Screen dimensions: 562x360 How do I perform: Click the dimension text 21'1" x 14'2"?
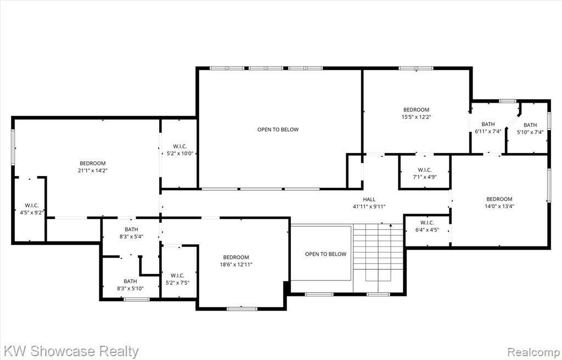tap(93, 171)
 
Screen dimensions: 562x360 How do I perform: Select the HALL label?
tap(369, 199)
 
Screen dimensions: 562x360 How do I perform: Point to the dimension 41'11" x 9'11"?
tap(369, 206)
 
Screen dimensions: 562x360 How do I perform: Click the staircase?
tap(379, 258)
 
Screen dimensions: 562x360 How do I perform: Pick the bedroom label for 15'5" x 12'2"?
tap(416, 110)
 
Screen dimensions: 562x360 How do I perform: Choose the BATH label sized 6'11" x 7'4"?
tap(488, 124)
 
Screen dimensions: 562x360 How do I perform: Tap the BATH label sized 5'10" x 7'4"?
tap(530, 125)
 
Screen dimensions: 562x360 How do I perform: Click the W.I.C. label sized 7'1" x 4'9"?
tap(425, 170)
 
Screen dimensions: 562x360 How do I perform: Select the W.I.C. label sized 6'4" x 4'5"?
tap(427, 223)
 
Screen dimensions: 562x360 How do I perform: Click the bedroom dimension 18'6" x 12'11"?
tap(236, 265)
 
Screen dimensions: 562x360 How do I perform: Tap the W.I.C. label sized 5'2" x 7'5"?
tap(177, 275)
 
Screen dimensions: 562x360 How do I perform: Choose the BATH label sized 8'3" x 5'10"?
tap(130, 282)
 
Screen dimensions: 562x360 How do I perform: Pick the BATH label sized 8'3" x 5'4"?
tap(131, 229)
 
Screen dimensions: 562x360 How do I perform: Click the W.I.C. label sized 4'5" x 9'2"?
tap(31, 205)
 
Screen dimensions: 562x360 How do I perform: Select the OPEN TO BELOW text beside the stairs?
tap(326, 254)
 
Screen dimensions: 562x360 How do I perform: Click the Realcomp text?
tap(533, 351)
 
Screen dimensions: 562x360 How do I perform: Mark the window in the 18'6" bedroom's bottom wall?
tap(242, 308)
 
